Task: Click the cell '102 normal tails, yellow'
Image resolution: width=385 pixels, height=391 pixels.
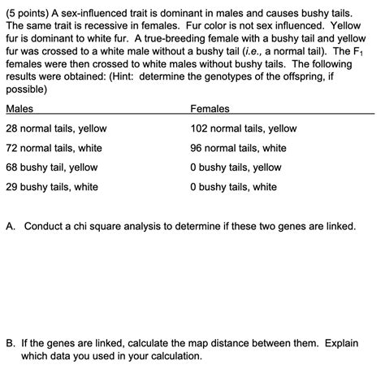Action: click(x=243, y=128)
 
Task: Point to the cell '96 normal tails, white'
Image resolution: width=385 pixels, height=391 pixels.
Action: click(x=238, y=148)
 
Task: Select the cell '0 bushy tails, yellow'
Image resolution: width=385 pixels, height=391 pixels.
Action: click(x=236, y=167)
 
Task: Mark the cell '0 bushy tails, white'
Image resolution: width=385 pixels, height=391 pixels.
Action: click(x=233, y=187)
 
